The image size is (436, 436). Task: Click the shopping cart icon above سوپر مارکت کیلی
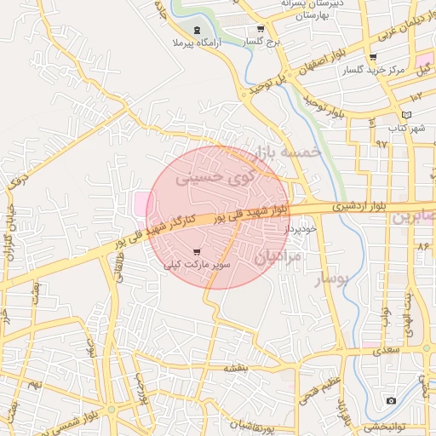[x=198, y=252]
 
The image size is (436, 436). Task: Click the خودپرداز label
[x=301, y=229]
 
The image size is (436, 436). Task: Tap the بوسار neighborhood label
[x=332, y=278]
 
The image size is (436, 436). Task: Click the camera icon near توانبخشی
[x=391, y=400]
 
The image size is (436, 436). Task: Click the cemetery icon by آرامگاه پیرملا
[x=198, y=30]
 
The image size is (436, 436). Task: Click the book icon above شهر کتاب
[x=406, y=115]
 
